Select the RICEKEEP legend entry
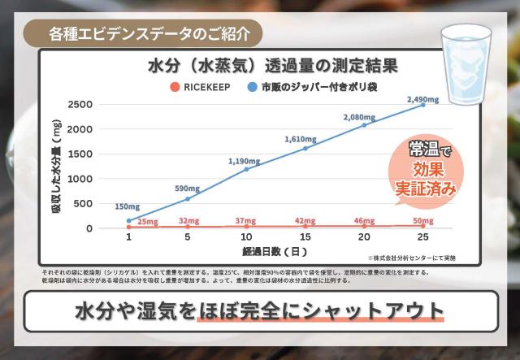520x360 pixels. [203, 85]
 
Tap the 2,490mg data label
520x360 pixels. [422, 99]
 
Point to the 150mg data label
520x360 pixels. [128, 206]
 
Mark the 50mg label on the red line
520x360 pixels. [422, 220]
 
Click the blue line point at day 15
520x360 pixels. [305, 148]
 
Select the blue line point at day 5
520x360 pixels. [188, 198]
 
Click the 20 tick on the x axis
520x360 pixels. [364, 237]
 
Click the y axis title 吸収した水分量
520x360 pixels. [58, 166]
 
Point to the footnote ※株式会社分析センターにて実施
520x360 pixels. [413, 258]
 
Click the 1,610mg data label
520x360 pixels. [305, 139]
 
